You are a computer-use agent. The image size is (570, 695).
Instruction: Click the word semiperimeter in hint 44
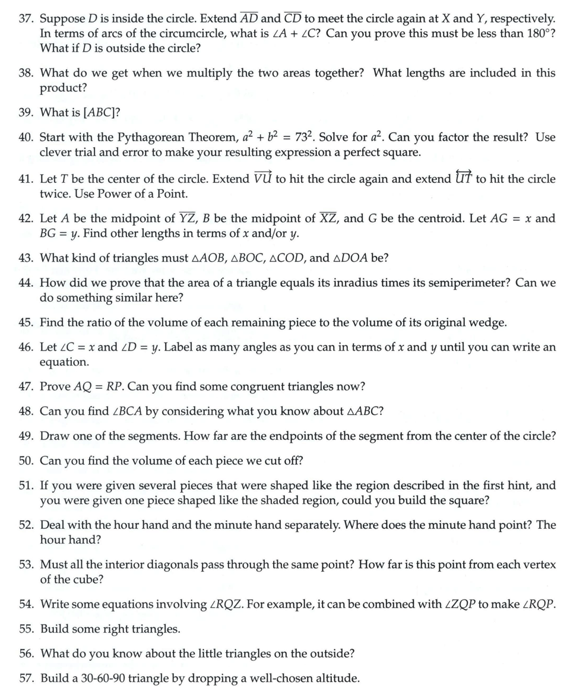click(470, 283)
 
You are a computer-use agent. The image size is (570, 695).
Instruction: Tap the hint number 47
click(26, 387)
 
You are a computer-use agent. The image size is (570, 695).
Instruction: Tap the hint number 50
click(26, 461)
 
